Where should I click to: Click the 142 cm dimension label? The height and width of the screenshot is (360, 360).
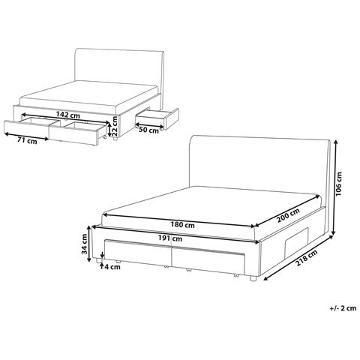(68, 115)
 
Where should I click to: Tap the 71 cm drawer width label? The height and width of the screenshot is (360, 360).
(27, 141)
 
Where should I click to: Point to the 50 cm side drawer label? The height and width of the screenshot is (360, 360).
(148, 130)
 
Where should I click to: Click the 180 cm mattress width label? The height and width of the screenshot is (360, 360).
(183, 225)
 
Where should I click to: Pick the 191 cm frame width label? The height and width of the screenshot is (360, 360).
(170, 238)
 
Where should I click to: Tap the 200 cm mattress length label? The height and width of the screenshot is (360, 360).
(288, 215)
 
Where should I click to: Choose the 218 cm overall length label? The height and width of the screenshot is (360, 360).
(307, 258)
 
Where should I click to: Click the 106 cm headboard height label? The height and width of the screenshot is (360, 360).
(339, 184)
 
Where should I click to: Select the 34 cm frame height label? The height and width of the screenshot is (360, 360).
(84, 244)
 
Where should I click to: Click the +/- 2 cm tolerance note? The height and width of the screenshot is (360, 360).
(343, 308)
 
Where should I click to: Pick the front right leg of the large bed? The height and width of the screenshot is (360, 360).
(253, 278)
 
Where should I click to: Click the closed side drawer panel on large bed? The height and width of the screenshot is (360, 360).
(296, 241)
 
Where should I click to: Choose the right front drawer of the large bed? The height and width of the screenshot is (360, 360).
(208, 260)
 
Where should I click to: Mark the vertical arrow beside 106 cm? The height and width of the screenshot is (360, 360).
(334, 187)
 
